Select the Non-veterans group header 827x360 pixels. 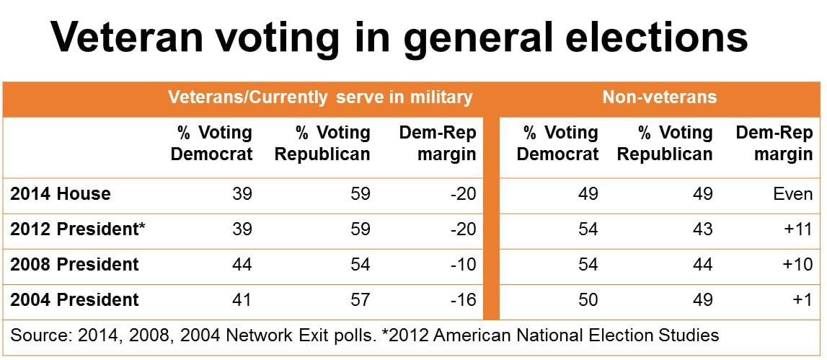659,97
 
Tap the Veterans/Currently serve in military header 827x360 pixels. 320,97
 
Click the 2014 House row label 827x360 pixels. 61,194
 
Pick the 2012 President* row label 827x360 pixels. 78,229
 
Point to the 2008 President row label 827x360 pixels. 74,264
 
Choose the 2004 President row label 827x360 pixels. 74,299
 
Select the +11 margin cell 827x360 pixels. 798,229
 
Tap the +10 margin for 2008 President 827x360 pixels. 798,264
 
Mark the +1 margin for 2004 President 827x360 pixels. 802,299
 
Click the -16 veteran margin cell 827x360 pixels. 462,299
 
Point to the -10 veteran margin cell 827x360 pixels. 462,264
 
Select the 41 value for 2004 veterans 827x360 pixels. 242,299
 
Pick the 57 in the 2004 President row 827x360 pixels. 359,299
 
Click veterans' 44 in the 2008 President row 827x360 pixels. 242,264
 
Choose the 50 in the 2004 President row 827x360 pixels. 588,299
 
